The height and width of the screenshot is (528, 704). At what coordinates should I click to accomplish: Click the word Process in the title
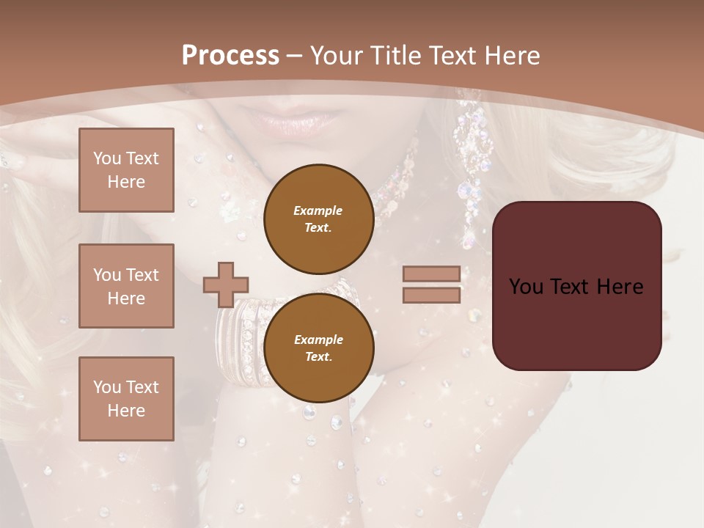(x=230, y=55)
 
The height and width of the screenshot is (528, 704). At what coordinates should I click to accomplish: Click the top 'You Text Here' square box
(x=126, y=170)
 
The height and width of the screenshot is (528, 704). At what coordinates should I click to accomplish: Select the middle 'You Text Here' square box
(x=126, y=286)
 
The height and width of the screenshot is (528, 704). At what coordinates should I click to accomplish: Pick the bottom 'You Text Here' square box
(x=126, y=399)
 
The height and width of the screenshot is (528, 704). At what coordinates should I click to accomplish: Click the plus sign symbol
(x=225, y=285)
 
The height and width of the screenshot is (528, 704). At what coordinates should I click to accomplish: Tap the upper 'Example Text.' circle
(x=318, y=219)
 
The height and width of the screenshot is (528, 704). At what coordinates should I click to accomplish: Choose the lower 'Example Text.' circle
(x=318, y=348)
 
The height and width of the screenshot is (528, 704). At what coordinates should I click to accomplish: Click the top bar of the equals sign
(x=431, y=274)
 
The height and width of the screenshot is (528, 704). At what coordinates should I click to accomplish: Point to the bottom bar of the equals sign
(x=431, y=295)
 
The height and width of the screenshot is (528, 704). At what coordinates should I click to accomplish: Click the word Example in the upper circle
(x=318, y=210)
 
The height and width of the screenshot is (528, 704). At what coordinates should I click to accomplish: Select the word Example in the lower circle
(x=318, y=340)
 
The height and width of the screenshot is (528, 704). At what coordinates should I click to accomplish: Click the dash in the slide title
(x=294, y=56)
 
